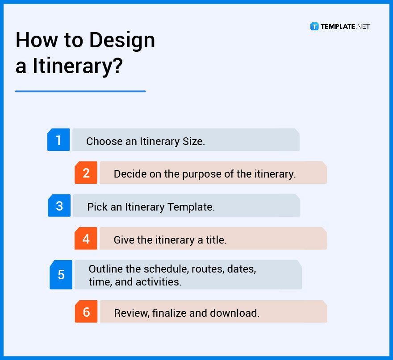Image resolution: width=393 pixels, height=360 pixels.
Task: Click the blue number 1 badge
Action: (x=59, y=140)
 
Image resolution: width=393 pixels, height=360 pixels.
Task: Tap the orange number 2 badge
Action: (x=86, y=173)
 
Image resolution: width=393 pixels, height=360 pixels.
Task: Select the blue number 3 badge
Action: (x=59, y=206)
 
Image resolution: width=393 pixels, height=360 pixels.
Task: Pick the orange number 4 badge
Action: (x=86, y=239)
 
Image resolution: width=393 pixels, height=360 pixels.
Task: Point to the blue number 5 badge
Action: (x=61, y=274)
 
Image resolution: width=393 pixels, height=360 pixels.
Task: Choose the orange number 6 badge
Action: (x=86, y=312)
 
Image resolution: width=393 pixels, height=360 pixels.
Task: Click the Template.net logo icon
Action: (x=314, y=27)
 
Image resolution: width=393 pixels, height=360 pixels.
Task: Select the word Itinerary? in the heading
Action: (x=77, y=66)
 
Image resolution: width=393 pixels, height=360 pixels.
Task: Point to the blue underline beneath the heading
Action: (x=80, y=91)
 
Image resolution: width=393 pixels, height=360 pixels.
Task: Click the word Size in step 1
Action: (x=194, y=142)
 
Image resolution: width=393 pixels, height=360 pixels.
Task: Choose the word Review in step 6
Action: (x=131, y=313)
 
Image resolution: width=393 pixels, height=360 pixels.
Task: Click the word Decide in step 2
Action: (x=128, y=174)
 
